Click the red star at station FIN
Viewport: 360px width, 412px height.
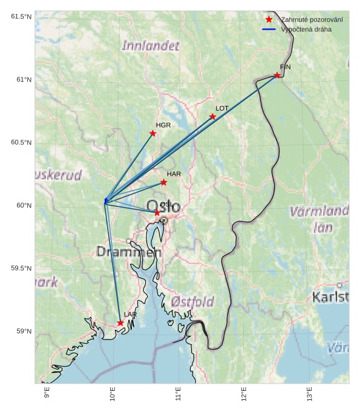click(x=277, y=75)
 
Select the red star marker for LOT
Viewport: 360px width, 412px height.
click(x=212, y=117)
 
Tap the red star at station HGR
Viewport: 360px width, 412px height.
click(x=153, y=133)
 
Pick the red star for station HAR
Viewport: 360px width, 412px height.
click(x=164, y=182)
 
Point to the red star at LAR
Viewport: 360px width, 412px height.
click(x=120, y=323)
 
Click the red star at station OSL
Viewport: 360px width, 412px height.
click(x=157, y=212)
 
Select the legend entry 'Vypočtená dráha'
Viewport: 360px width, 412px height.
click(x=306, y=29)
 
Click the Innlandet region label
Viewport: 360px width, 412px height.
click(x=151, y=45)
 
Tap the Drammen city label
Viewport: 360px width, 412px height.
click(x=129, y=252)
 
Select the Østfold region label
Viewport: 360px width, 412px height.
click(x=192, y=301)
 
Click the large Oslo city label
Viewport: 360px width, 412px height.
click(x=163, y=206)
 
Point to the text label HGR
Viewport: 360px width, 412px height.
click(x=163, y=125)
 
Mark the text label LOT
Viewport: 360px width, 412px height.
click(x=222, y=108)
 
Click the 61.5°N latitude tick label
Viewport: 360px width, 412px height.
click(x=21, y=16)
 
